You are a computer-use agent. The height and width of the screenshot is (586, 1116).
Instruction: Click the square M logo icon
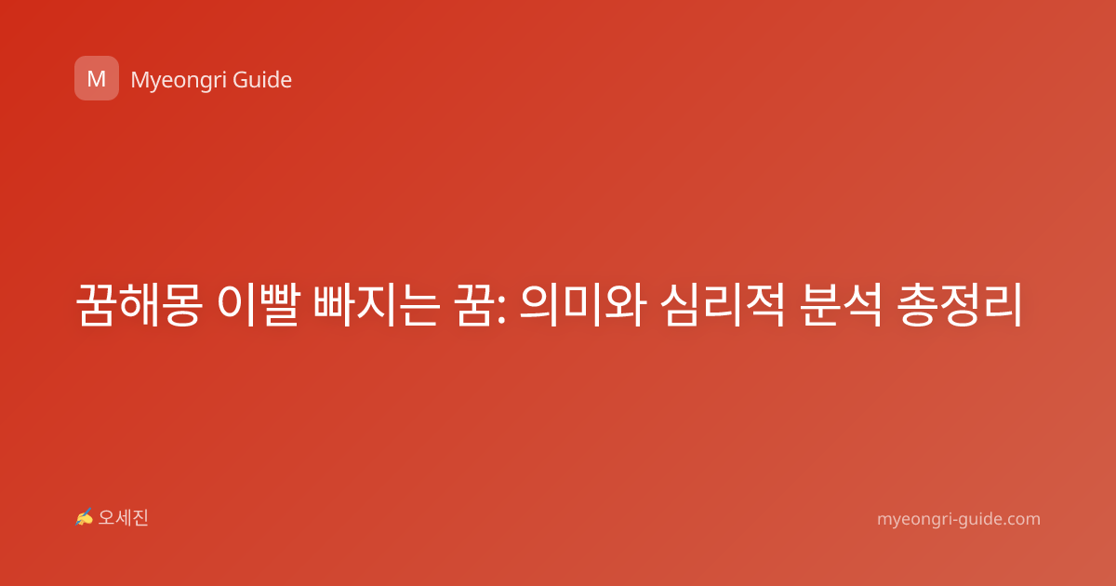(97, 78)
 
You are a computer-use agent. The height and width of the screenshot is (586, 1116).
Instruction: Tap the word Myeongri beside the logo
(178, 81)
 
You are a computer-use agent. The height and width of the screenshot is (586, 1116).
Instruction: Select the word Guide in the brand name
(262, 80)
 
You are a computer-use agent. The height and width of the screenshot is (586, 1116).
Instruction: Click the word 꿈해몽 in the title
(139, 304)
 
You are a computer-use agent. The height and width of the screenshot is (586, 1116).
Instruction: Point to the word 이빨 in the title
(259, 304)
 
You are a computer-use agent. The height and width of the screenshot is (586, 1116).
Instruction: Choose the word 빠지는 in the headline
(377, 304)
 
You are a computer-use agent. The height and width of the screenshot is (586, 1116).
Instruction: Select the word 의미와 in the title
(583, 304)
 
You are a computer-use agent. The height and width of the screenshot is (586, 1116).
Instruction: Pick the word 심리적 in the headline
(723, 304)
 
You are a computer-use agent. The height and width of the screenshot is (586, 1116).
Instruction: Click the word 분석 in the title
(842, 304)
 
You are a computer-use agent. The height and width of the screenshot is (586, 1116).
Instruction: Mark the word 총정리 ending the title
(960, 304)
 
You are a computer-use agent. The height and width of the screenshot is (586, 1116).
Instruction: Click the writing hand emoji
(85, 517)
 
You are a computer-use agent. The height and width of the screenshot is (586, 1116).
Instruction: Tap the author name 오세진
(123, 518)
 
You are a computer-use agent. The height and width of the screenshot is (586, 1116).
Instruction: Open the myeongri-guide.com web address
(959, 520)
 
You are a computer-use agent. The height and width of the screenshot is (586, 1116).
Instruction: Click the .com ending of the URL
(1021, 519)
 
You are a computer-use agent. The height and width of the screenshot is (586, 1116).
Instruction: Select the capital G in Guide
(240, 80)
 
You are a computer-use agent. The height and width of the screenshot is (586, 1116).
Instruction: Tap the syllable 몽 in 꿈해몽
(182, 305)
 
